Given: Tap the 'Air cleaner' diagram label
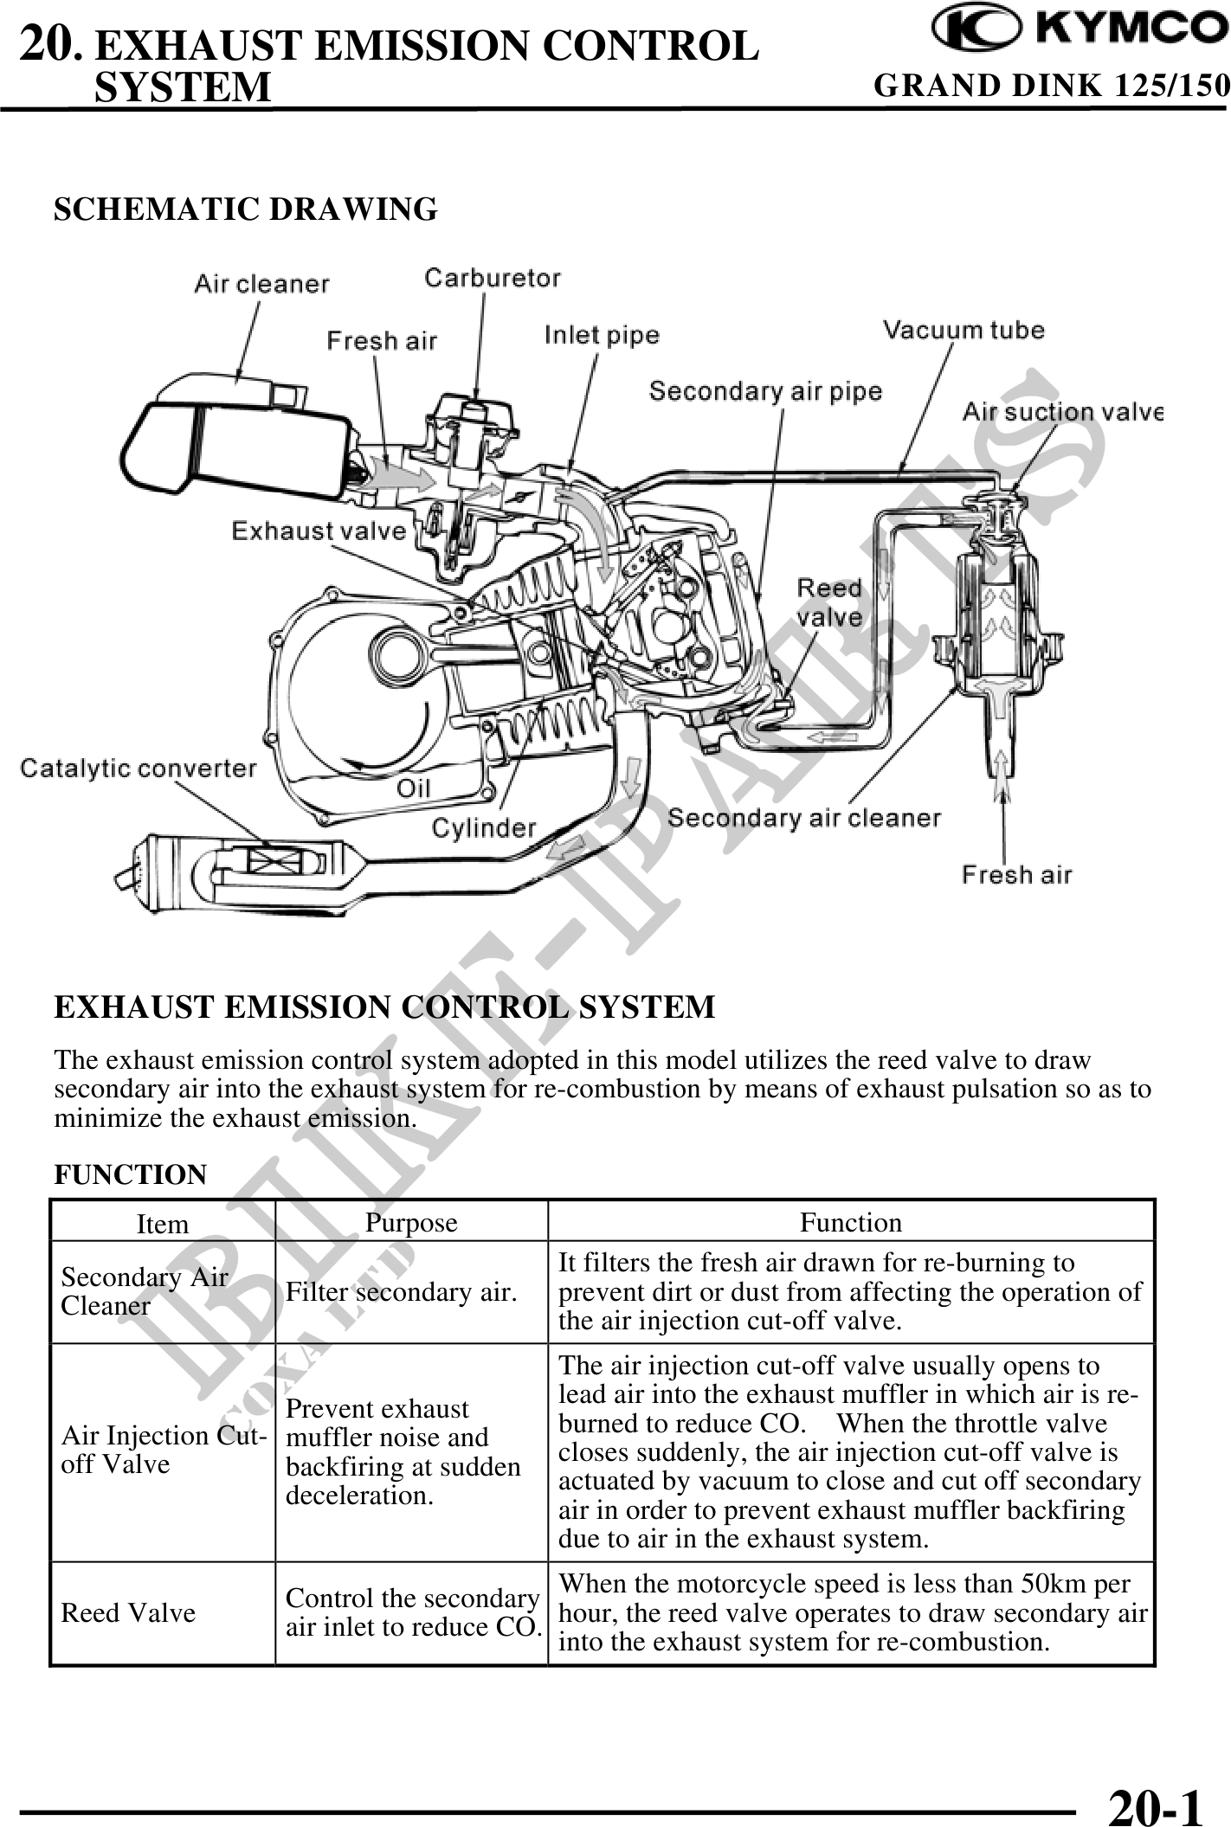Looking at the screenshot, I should pos(261,284).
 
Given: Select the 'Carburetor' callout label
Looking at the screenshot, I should pos(492,278).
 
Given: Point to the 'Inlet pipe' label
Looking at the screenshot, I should pos(602,335).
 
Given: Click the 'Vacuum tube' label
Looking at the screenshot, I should pos(963,330).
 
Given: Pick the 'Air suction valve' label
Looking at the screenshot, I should pos(1062,412).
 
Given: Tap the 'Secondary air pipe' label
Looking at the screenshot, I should pos(765,391).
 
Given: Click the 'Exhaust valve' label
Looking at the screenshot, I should pos(319,531).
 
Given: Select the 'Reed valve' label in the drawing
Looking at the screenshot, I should pos(828,602).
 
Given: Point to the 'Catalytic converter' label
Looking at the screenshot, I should pos(139,769).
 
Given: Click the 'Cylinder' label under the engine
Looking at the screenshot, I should pos(484,828).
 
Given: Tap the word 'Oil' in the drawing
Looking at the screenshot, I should pos(413,788).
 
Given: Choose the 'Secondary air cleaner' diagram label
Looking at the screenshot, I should pos(803,818).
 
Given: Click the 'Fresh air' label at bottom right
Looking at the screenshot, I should pos(1016,875).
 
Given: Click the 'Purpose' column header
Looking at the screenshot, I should pos(411,1222).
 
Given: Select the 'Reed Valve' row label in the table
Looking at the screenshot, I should pos(128,1613).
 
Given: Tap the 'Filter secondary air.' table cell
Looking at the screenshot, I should pos(402,1292).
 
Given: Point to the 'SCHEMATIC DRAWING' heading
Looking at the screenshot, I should pos(246,209).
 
